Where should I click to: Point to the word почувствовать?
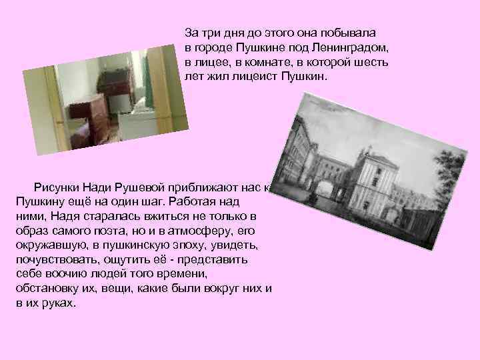point(53,260)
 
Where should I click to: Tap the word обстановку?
point(46,289)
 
